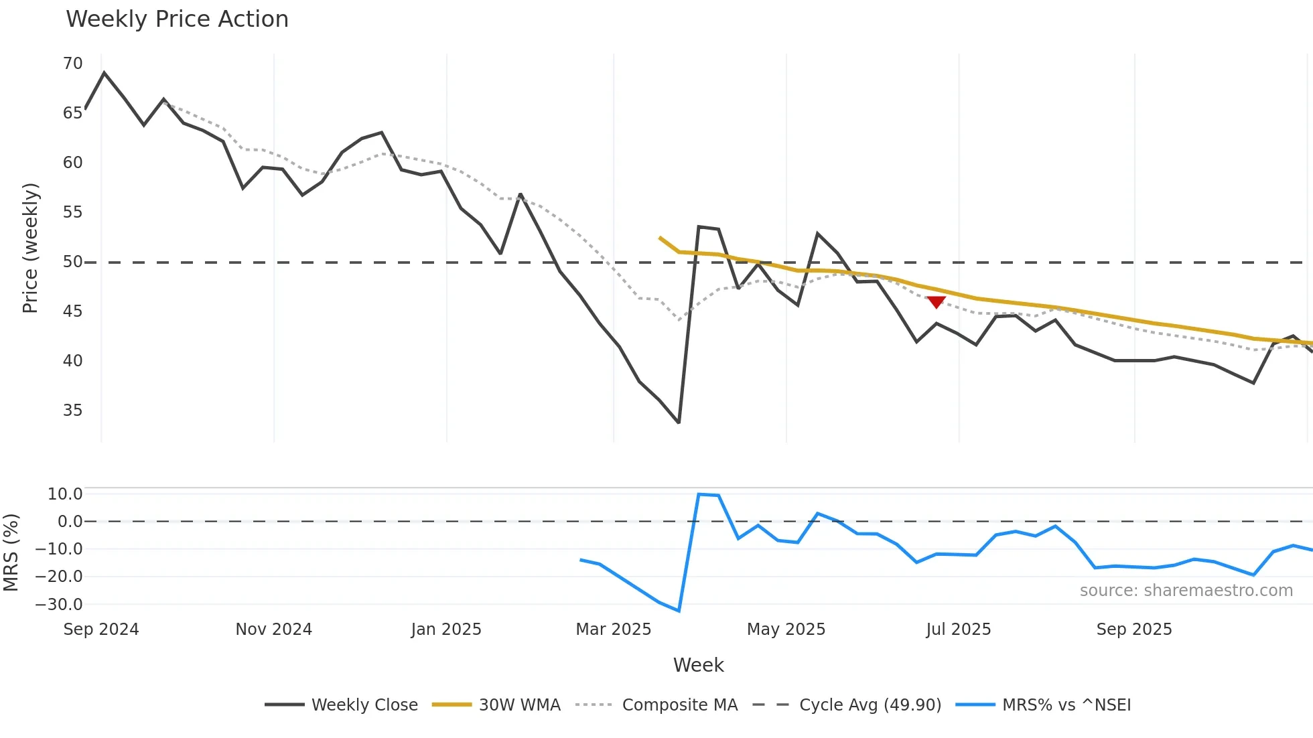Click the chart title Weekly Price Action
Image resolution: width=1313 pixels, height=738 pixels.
coord(177,19)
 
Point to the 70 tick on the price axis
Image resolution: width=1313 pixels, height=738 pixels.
coord(72,64)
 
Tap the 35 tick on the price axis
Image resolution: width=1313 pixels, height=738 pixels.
coord(72,411)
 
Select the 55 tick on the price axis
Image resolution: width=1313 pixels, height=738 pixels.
coord(72,212)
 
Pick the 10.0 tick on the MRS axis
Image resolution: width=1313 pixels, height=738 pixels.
coord(65,494)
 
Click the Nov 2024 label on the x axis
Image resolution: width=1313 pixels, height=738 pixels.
coord(273,630)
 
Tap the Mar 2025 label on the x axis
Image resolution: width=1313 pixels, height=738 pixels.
coord(613,630)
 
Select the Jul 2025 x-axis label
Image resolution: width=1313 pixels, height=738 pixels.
coord(958,630)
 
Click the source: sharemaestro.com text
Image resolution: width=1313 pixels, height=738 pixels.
coord(1186,591)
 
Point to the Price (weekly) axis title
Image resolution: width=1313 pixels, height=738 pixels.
coord(30,248)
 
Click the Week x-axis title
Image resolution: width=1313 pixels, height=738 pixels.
coord(698,665)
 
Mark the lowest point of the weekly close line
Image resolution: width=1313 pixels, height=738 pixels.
coord(679,423)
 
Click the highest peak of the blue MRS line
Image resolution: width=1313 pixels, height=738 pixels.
coord(699,494)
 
